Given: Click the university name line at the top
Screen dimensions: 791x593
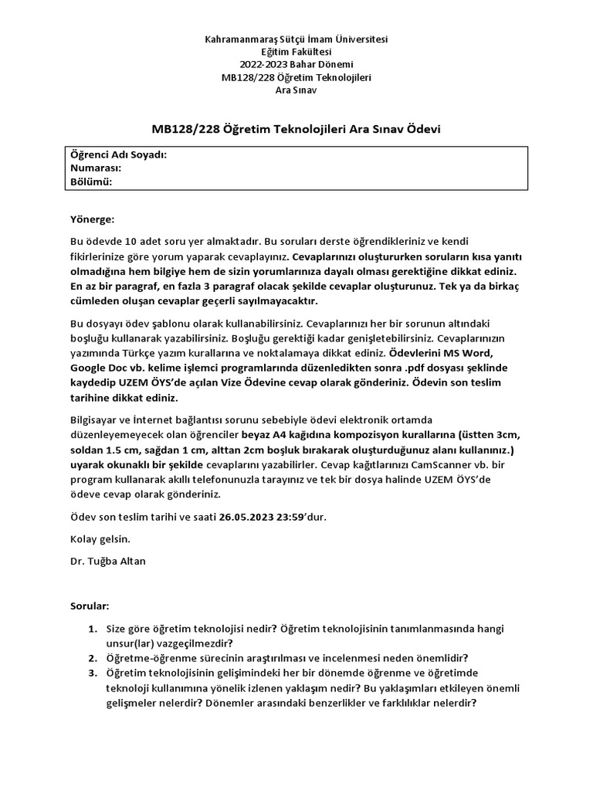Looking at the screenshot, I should coord(296,38).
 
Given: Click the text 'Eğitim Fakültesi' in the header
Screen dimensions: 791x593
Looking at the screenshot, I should coord(296,51).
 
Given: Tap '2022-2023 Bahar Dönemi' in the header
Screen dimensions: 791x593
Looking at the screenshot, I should coord(296,64).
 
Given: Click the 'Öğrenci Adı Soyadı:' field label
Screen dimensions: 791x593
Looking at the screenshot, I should coord(118,154).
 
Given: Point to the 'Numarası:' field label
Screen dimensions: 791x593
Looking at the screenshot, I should coord(95,168).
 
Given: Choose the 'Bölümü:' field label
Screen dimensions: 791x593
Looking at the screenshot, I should coord(91,182).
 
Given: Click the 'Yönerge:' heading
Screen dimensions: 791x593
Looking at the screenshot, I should coord(92,219).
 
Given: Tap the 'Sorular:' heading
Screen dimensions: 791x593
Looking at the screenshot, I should coord(90,608).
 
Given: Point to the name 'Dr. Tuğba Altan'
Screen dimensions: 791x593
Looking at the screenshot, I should coord(107,561).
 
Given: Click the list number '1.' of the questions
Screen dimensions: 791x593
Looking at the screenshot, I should coord(93,630).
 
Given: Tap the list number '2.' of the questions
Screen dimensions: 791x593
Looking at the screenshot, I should coord(93,659).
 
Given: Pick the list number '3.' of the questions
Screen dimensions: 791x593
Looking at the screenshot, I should coord(93,674).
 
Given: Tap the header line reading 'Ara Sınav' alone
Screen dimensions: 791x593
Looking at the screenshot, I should coord(296,90).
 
